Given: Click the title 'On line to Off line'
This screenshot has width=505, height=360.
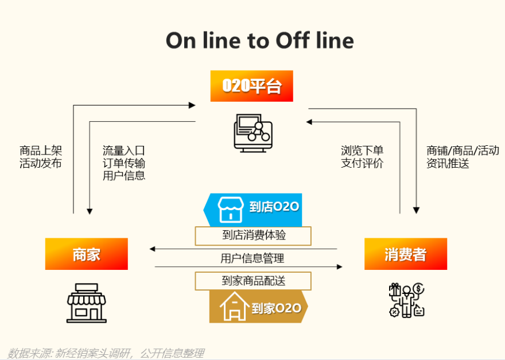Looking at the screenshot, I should (259, 40).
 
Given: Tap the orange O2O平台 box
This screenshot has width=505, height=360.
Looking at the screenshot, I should (251, 86).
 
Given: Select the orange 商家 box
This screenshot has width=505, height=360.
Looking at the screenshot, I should (87, 254).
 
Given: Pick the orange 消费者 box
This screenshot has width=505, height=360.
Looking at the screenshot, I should (406, 254).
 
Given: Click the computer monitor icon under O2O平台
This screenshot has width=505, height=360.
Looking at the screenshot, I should (252, 132).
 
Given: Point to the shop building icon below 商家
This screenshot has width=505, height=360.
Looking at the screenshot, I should (87, 302).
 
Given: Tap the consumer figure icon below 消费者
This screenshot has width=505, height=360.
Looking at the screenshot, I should (406, 300).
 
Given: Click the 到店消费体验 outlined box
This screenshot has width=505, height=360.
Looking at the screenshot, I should (253, 235).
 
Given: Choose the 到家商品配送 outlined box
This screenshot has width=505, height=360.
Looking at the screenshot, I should (253, 281).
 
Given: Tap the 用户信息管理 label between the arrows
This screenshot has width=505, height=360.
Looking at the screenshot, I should (252, 258).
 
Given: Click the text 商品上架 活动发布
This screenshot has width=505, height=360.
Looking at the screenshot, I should (41, 157).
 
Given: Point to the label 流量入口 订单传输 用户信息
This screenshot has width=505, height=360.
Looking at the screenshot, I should (124, 163).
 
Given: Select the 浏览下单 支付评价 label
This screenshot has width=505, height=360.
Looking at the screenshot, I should (362, 157).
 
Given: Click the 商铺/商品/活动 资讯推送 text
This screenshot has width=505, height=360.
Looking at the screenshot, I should (463, 157).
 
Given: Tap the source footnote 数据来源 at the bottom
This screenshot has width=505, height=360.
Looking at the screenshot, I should (106, 353).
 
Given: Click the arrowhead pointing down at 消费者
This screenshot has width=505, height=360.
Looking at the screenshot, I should (416, 210).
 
